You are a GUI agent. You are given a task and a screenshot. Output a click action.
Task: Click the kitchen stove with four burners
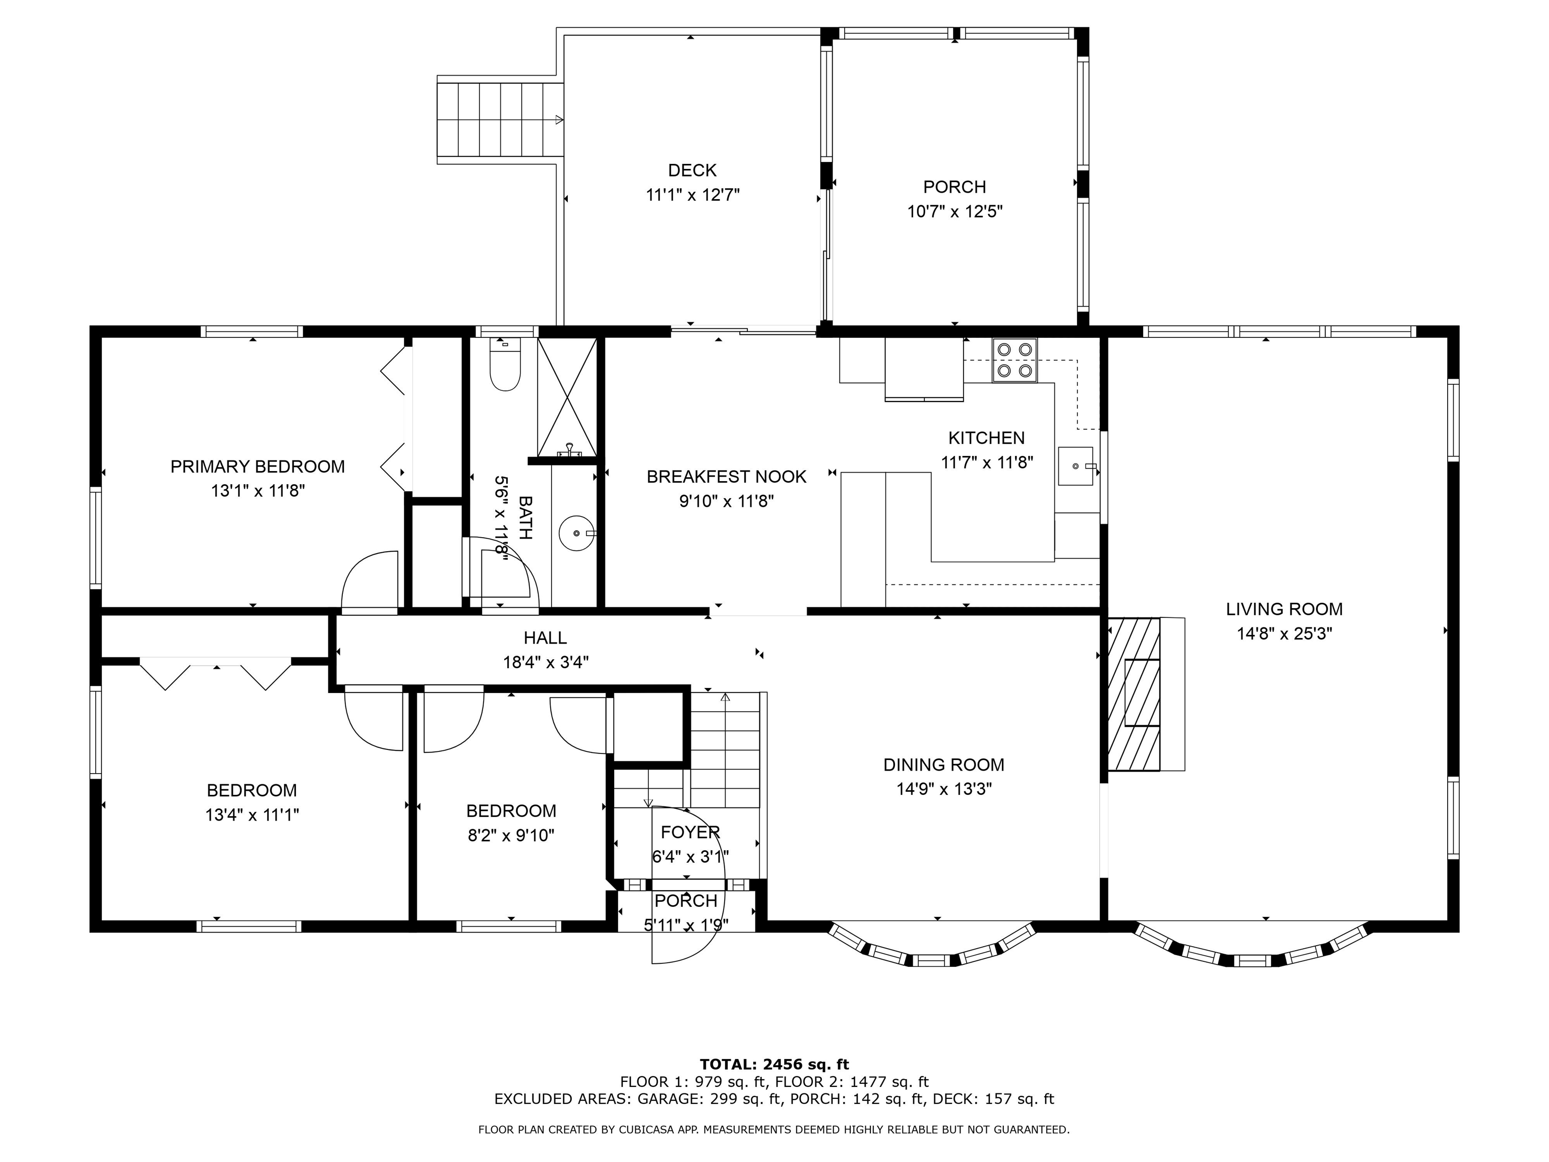(1014, 360)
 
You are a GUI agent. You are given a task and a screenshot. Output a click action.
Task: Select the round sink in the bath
(577, 533)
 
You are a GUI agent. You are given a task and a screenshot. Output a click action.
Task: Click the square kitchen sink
(1076, 466)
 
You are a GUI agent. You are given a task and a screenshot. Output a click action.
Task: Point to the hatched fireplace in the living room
(1134, 693)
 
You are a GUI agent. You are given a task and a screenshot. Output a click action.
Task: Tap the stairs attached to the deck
(500, 119)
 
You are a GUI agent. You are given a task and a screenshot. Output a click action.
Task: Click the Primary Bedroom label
(258, 467)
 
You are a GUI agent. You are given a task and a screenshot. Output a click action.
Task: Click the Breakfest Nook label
(726, 477)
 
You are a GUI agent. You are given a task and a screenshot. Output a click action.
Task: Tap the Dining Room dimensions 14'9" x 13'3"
(944, 789)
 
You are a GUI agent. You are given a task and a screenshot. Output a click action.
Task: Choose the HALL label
(546, 638)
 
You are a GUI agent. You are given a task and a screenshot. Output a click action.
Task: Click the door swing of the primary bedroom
(369, 583)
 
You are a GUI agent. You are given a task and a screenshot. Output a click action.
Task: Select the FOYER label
(690, 832)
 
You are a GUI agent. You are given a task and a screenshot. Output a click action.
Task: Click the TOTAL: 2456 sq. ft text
(774, 1065)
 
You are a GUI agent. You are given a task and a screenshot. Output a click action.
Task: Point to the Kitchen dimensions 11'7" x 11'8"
(987, 462)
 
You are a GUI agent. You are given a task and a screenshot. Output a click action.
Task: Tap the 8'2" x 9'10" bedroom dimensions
(511, 836)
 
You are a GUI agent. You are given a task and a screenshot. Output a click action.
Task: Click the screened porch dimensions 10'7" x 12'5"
(955, 211)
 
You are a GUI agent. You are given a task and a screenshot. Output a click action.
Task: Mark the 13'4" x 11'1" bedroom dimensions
(252, 816)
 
